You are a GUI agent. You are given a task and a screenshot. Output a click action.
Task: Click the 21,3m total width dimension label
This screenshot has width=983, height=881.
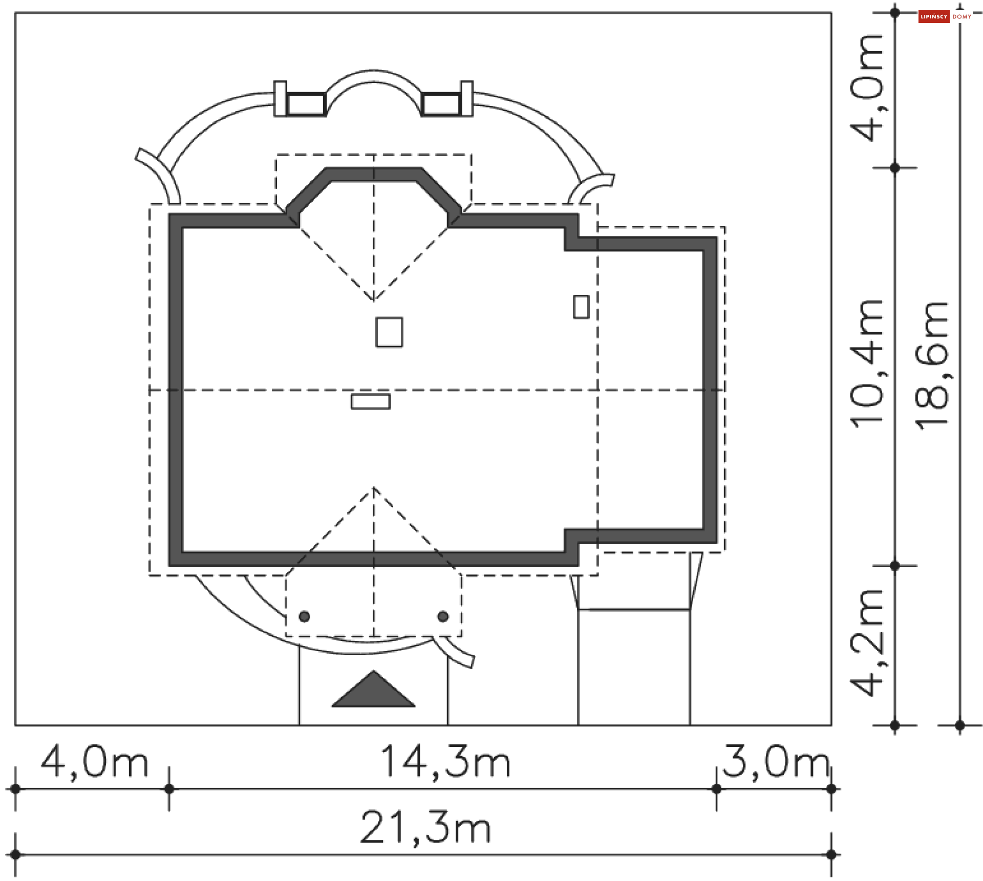point(425,828)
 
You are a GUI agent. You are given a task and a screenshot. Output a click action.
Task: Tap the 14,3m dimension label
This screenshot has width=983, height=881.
point(445,762)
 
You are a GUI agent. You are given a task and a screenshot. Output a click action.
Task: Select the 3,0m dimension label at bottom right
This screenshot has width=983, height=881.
point(775,762)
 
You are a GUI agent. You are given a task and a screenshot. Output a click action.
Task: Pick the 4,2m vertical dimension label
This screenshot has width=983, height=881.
point(867,643)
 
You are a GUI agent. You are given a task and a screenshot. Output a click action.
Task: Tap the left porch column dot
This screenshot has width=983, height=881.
point(305,616)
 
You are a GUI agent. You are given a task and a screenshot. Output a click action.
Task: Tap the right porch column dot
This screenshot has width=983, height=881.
point(443,616)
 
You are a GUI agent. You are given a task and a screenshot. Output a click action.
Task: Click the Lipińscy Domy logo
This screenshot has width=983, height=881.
point(945,16)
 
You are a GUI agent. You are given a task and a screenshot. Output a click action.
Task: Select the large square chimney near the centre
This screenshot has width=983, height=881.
point(389,332)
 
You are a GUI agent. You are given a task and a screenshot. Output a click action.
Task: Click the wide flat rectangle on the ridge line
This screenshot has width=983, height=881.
point(371,401)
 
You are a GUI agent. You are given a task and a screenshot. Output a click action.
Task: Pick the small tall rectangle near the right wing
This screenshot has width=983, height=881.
point(581,307)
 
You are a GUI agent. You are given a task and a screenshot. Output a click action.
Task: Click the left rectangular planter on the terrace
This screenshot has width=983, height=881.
point(306,104)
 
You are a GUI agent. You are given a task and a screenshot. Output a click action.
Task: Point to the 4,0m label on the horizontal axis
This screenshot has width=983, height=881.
point(94,763)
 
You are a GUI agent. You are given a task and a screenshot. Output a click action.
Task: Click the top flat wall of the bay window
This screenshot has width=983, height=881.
point(374,174)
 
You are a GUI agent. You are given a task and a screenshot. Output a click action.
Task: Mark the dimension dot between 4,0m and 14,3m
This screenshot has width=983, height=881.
point(169,789)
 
